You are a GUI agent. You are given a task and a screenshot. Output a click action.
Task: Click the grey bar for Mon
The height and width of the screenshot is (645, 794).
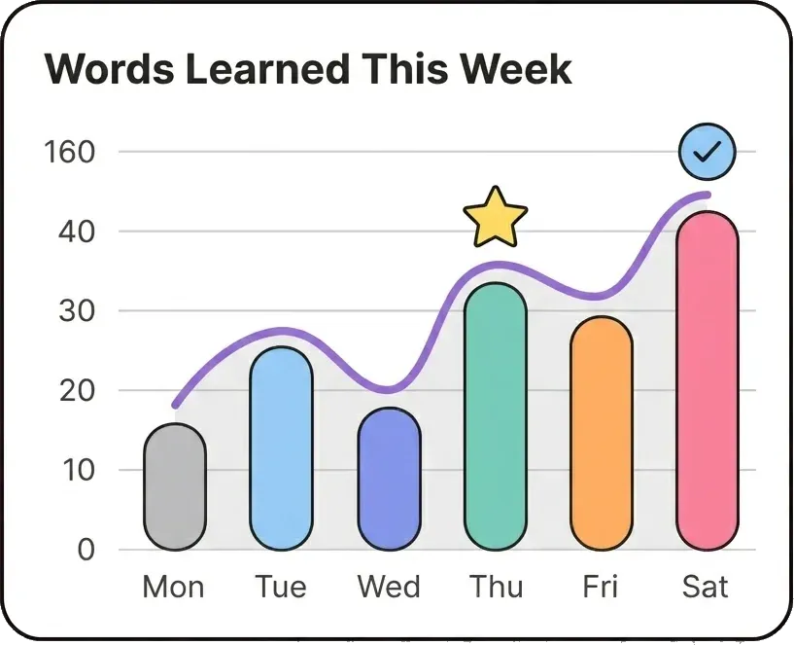tap(175, 486)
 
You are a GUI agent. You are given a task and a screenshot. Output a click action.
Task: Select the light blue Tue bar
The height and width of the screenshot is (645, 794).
tap(281, 448)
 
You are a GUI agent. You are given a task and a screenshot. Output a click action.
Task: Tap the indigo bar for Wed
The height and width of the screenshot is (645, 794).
tap(389, 480)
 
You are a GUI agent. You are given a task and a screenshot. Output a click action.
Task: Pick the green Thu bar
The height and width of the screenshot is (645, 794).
tap(496, 416)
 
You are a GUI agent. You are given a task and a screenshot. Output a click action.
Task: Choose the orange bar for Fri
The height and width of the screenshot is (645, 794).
tap(602, 433)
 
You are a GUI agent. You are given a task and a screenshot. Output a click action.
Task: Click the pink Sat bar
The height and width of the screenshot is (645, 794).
tap(708, 380)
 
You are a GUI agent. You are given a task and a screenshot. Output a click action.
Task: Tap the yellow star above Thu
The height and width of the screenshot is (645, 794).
tap(496, 218)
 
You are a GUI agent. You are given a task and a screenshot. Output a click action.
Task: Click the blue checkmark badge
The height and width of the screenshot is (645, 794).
tap(708, 151)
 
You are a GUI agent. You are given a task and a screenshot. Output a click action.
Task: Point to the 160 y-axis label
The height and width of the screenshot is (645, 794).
tap(70, 152)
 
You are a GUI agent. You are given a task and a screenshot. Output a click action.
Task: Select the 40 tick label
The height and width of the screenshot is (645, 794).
tap(77, 232)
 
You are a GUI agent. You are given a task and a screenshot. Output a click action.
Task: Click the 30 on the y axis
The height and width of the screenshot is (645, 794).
tap(77, 311)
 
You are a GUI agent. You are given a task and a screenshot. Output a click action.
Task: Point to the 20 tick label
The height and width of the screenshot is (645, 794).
tap(77, 390)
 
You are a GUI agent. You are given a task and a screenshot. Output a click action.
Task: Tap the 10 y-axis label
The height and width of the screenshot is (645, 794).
tap(79, 470)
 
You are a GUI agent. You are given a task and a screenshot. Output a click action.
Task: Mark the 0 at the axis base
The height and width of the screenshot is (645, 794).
tap(86, 550)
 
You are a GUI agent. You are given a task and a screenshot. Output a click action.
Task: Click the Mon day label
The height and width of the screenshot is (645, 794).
tap(173, 587)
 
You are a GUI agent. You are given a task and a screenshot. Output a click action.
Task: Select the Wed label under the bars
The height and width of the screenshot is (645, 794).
tap(389, 587)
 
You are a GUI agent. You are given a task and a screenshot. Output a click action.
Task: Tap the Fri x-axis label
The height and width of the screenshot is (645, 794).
tap(600, 587)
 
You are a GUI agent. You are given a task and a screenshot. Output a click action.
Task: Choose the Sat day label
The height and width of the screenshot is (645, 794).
tap(705, 587)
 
